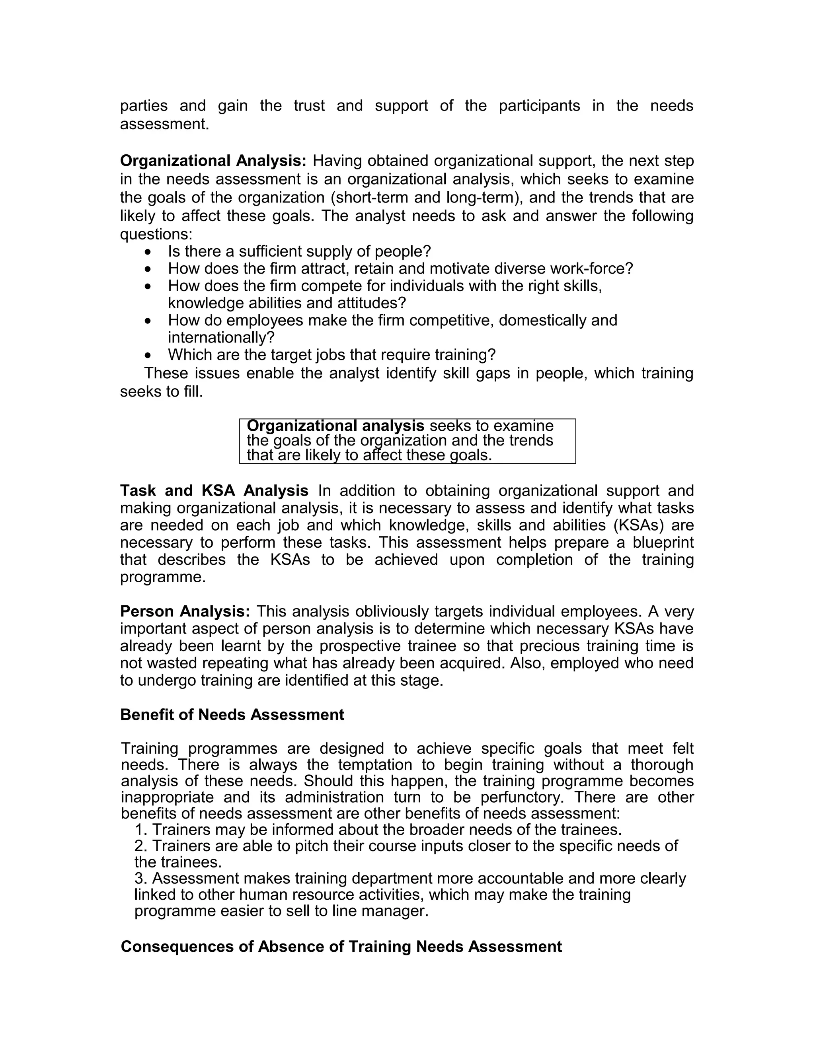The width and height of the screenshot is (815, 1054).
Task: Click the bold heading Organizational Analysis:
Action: (x=213, y=161)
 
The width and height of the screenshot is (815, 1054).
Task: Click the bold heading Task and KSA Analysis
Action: (x=214, y=491)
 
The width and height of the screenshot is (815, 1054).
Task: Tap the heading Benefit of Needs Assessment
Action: (x=232, y=715)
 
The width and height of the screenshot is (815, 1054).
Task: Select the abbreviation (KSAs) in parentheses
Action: (x=638, y=525)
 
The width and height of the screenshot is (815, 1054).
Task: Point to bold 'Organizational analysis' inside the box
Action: (x=335, y=426)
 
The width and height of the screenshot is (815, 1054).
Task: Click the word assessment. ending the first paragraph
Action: (x=164, y=124)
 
